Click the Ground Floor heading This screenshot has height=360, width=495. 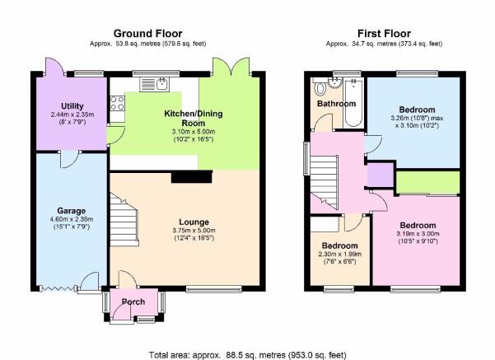pyautogui.click(x=147, y=34)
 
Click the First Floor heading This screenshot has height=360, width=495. pyautogui.click(x=384, y=34)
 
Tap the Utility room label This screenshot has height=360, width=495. pyautogui.click(x=72, y=106)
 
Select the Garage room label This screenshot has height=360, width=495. pyautogui.click(x=72, y=211)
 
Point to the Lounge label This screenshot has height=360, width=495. pyautogui.click(x=194, y=222)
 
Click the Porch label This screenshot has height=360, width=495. pyautogui.click(x=133, y=302)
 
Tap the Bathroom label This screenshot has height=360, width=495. pyautogui.click(x=337, y=104)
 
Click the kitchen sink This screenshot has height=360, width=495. pyautogui.click(x=154, y=85)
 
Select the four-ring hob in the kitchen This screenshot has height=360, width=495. pyautogui.click(x=117, y=103)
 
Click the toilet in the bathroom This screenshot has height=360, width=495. pyautogui.click(x=320, y=88)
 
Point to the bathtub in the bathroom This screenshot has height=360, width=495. pyautogui.click(x=353, y=103)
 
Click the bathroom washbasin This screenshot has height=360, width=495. pyautogui.click(x=334, y=82)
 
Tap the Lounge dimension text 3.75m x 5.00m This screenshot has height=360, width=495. pyautogui.click(x=194, y=231)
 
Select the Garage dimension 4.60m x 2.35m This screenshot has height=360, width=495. pyautogui.click(x=72, y=219)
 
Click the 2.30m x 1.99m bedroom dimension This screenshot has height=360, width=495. pyautogui.click(x=339, y=255)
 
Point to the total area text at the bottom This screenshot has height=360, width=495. pyautogui.click(x=247, y=355)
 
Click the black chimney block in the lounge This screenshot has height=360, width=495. pyautogui.click(x=192, y=177)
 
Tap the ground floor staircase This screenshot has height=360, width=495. pyautogui.click(x=124, y=219)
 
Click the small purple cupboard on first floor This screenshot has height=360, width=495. pyautogui.click(x=381, y=175)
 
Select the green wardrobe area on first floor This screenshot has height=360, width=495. pyautogui.click(x=428, y=182)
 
